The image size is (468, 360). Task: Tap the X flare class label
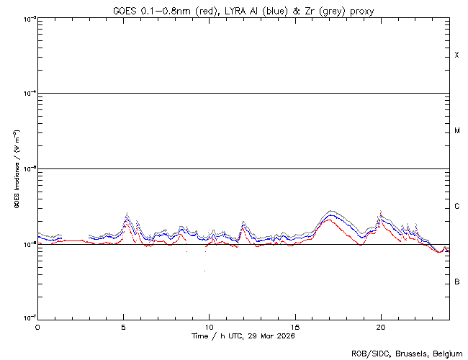456,55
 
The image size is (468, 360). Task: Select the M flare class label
456,131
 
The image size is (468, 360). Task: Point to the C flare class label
456,207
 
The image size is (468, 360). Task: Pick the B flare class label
456,282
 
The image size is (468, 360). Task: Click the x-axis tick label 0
37,327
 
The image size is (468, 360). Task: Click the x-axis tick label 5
123,327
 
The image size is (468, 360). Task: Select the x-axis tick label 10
209,327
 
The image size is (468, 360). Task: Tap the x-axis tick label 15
295,327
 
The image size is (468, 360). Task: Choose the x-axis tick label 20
381,327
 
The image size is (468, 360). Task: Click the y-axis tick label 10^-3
27,19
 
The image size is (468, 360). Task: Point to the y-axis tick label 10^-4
27,94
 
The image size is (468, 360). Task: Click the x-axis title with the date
243,336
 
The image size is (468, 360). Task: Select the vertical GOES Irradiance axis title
16,168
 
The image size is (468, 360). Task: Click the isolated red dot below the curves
205,271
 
